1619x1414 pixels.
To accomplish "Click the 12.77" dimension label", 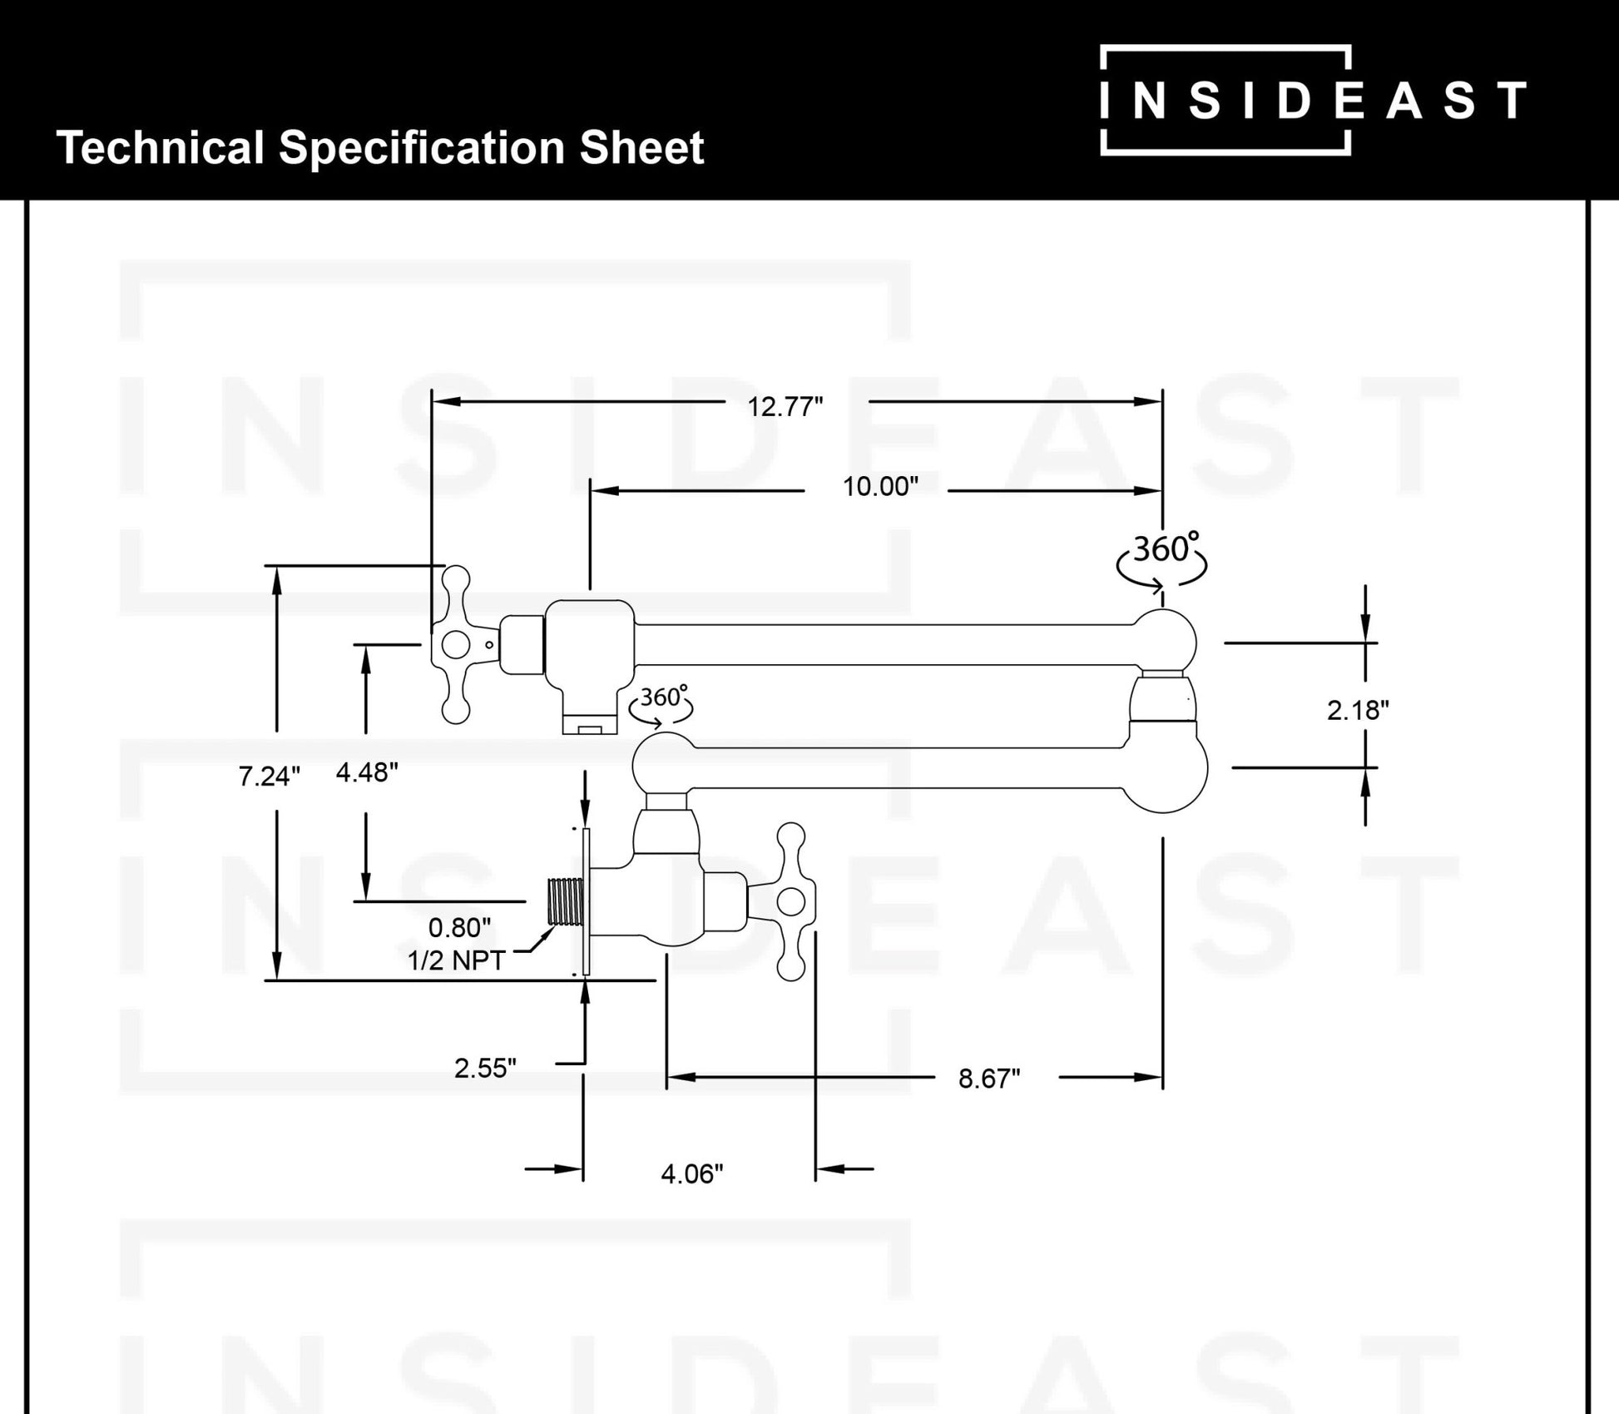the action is [x=785, y=406].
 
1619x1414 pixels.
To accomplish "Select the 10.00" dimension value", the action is [x=880, y=486].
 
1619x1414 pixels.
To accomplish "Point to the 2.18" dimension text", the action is [x=1358, y=710].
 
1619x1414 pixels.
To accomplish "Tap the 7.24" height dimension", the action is [x=269, y=776].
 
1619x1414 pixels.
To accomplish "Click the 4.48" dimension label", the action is [x=367, y=772].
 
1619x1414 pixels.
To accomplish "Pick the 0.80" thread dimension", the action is [x=459, y=926].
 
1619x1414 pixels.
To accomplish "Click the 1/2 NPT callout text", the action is [x=456, y=960].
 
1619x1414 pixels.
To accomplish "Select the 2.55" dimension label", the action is [x=485, y=1068].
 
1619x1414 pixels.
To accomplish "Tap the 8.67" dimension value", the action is [x=989, y=1078].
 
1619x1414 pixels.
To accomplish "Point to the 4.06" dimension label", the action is [x=692, y=1173].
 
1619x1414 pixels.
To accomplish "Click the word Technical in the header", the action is [x=160, y=147].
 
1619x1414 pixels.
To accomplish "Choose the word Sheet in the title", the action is [x=641, y=147].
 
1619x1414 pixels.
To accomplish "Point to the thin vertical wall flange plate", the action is [x=587, y=901].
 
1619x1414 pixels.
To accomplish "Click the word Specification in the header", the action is [x=422, y=149].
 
